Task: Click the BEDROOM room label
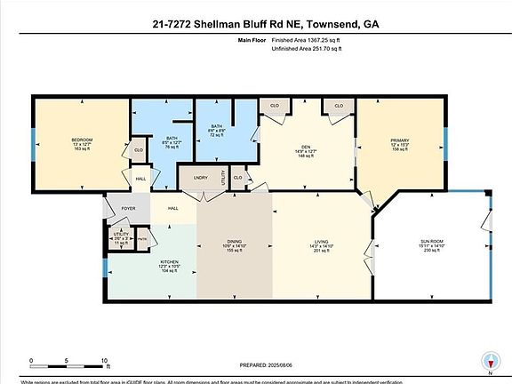pyautogui.click(x=82, y=140)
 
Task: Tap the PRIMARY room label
pyautogui.click(x=399, y=140)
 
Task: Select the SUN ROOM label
pyautogui.click(x=431, y=241)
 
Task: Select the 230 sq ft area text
pyautogui.click(x=431, y=252)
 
